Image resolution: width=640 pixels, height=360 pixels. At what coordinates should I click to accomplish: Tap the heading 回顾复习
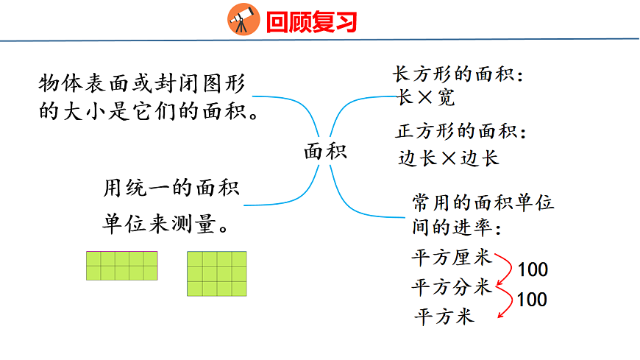(311, 21)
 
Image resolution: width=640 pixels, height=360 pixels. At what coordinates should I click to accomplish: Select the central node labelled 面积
(325, 152)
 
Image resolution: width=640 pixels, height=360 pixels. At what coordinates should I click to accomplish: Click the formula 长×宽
(425, 97)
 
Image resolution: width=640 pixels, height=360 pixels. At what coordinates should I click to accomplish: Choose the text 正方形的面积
(461, 133)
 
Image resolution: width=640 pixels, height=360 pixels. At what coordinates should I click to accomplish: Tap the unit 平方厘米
(451, 258)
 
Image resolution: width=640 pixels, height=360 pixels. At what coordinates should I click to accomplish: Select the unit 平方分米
(451, 287)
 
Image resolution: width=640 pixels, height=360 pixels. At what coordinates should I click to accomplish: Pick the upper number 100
(532, 270)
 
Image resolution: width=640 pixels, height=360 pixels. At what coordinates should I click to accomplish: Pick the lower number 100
(532, 300)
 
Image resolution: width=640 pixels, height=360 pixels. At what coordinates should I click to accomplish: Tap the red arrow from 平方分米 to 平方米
(507, 301)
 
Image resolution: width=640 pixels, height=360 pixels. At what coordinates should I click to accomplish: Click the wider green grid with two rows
(122, 265)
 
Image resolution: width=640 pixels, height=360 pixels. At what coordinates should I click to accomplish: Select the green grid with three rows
(216, 273)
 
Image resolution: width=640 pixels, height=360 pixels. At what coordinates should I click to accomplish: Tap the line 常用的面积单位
(483, 203)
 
